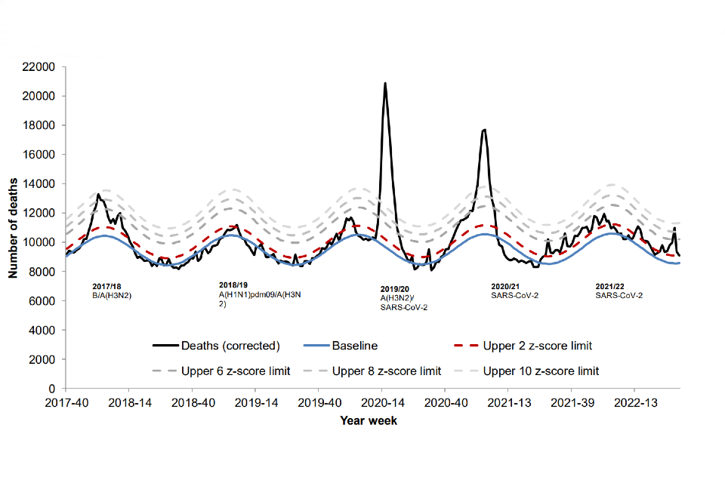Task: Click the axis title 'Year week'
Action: [369, 420]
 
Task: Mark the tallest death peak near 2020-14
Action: [385, 84]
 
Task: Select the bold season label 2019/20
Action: [394, 289]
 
